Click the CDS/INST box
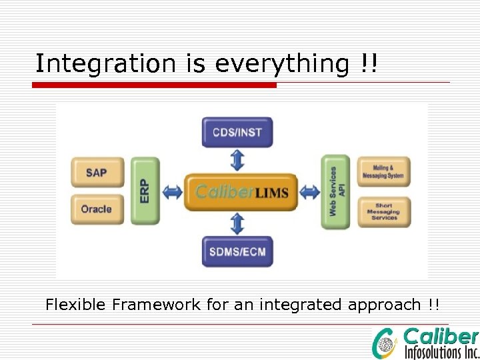pyautogui.click(x=237, y=132)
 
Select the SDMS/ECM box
pyautogui.click(x=237, y=252)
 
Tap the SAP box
pyautogui.click(x=97, y=173)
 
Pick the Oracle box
pyautogui.click(x=97, y=209)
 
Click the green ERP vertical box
pyautogui.click(x=145, y=191)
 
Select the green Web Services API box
pyautogui.click(x=335, y=191)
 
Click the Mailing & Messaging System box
pyautogui.click(x=383, y=172)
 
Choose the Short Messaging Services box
pyautogui.click(x=383, y=212)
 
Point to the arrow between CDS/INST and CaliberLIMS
pyautogui.click(x=238, y=160)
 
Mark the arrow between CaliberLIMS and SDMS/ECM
pyautogui.click(x=238, y=223)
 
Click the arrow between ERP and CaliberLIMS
pyautogui.click(x=172, y=193)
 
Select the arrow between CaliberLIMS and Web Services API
pyautogui.click(x=309, y=193)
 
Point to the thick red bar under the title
pyautogui.click(x=155, y=85)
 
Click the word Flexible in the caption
pyautogui.click(x=76, y=305)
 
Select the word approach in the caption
pyautogui.click(x=383, y=306)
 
